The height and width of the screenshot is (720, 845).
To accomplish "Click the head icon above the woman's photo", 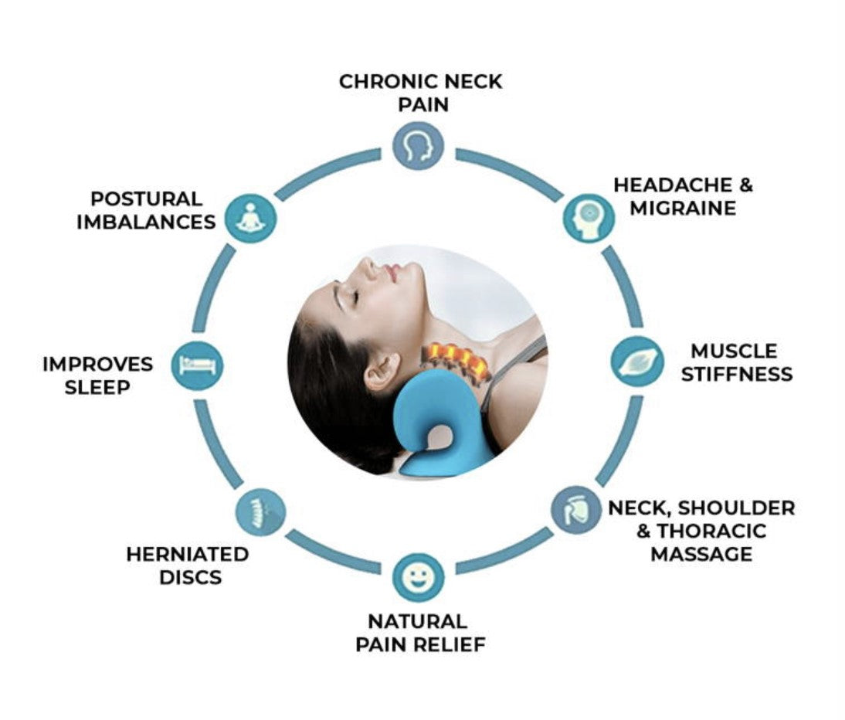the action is (418, 145).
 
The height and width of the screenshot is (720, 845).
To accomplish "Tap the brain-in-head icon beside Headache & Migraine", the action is (589, 219).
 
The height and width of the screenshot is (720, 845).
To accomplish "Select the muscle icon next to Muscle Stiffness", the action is (637, 361).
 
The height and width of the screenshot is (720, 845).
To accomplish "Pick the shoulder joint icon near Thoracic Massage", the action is (576, 510).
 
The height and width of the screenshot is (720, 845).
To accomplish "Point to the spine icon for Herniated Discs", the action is (261, 512).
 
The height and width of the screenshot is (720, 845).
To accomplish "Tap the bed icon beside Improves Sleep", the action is (197, 365).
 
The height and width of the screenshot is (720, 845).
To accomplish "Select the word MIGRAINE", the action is (683, 208).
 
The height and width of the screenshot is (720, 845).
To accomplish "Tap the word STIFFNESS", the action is (737, 374).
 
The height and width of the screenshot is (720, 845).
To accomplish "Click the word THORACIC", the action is (711, 531).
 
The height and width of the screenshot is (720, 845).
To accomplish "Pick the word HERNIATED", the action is (188, 554).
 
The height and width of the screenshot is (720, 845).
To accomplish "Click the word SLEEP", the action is (97, 388).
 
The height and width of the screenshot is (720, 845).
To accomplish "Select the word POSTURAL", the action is (146, 199).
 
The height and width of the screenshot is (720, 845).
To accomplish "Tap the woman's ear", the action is (382, 371).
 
